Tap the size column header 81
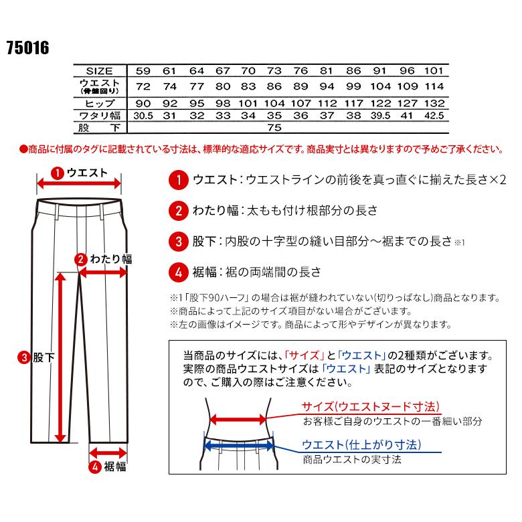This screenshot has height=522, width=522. pos(327,71)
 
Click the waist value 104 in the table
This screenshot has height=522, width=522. pos(380,87)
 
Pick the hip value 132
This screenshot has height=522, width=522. pos(434,103)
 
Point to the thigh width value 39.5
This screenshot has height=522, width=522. pos(380,115)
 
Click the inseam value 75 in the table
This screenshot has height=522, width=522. pos(274,126)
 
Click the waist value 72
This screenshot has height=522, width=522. pos(143,87)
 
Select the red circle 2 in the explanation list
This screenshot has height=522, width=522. pos(178,210)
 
